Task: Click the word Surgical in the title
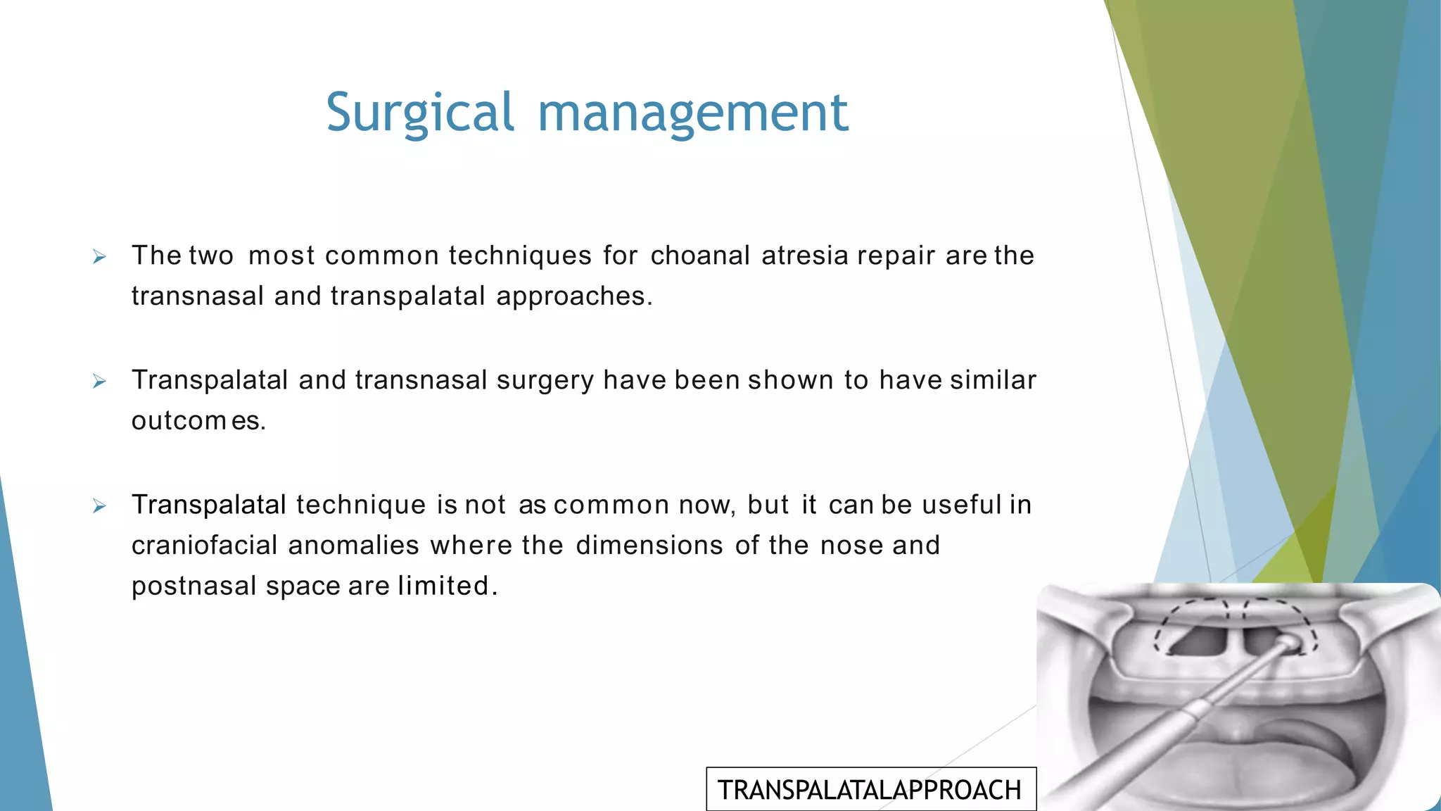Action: point(420,113)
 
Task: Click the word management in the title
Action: point(693,113)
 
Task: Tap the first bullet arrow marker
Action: point(99,258)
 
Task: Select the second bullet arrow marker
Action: point(99,382)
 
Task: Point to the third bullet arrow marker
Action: point(99,507)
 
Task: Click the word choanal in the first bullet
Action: point(700,256)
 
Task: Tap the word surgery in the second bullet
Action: point(545,381)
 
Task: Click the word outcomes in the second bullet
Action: point(198,421)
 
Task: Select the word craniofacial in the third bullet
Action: point(204,546)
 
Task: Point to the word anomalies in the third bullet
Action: point(353,546)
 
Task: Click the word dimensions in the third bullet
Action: point(649,546)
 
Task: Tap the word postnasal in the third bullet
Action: point(193,586)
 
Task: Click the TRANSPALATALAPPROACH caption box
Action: point(870,790)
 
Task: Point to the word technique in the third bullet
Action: point(361,505)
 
